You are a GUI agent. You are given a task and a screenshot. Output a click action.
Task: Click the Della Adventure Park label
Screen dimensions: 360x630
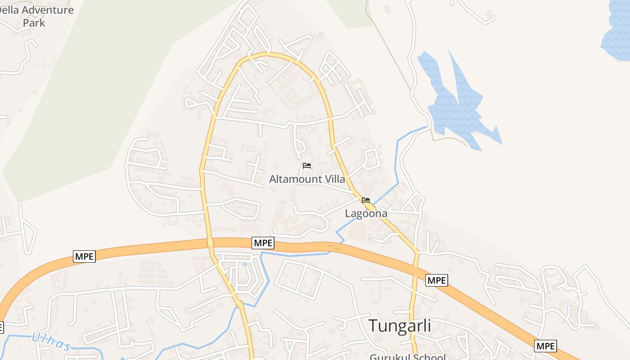(x=36, y=16)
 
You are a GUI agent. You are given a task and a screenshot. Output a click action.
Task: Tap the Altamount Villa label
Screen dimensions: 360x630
(x=307, y=179)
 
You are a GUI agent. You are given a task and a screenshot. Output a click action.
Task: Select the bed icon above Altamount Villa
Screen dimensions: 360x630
(x=307, y=166)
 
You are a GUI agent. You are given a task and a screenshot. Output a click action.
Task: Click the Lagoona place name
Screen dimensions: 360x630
(x=366, y=213)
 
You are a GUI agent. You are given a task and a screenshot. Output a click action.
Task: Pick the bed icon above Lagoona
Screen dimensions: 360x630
(x=366, y=200)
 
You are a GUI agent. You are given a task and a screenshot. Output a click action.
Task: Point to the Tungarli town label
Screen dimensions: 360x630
(x=400, y=325)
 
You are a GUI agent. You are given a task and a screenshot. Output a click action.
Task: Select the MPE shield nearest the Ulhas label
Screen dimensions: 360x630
(x=84, y=256)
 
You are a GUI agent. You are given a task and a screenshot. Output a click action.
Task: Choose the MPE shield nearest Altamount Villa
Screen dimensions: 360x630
(x=263, y=243)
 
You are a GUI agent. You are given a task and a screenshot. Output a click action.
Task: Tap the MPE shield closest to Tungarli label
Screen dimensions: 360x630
(x=436, y=280)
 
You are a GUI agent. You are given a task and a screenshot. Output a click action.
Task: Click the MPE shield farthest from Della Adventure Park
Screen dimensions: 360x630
(x=545, y=346)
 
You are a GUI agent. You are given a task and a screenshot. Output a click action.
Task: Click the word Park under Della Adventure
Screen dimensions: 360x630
(x=34, y=22)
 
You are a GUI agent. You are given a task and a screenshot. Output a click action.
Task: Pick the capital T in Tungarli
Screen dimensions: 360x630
(x=373, y=325)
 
